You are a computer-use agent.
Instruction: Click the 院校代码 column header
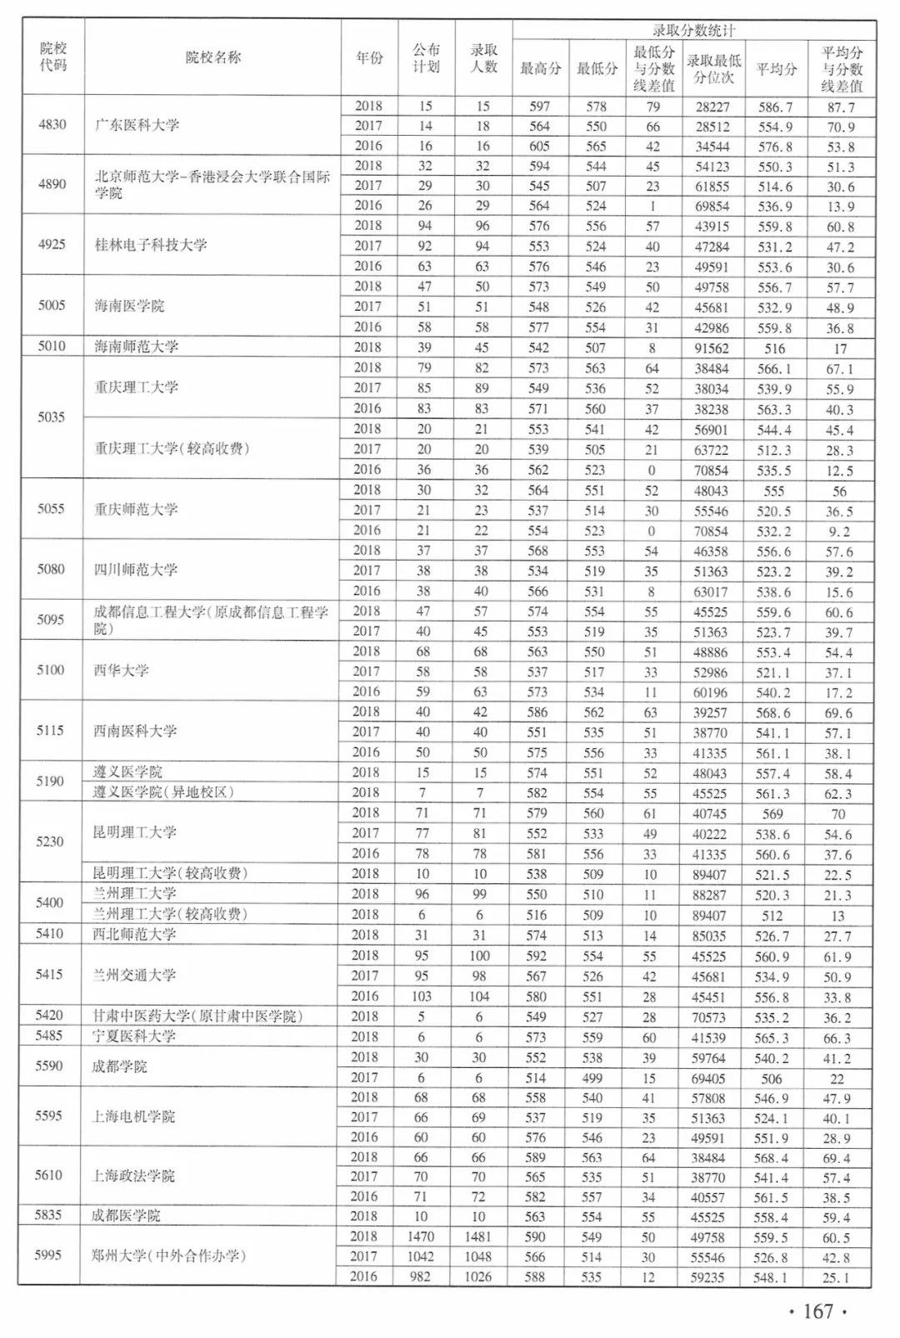(52, 57)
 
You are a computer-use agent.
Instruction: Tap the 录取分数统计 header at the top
(693, 31)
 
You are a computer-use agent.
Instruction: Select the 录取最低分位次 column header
(713, 69)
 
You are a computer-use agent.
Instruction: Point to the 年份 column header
(369, 57)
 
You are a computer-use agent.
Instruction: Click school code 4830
(52, 124)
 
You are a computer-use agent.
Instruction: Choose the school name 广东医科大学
(137, 125)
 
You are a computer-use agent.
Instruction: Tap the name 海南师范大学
(137, 347)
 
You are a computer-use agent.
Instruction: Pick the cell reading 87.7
(840, 107)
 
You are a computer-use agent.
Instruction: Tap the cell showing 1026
(482, 1276)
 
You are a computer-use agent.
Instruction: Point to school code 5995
(48, 1255)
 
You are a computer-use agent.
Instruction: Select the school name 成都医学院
(126, 1216)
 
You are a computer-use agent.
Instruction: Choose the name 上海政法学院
(133, 1176)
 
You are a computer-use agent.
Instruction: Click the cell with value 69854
(712, 207)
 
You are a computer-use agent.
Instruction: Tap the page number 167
(817, 1311)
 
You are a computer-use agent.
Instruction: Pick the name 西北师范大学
(134, 935)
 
